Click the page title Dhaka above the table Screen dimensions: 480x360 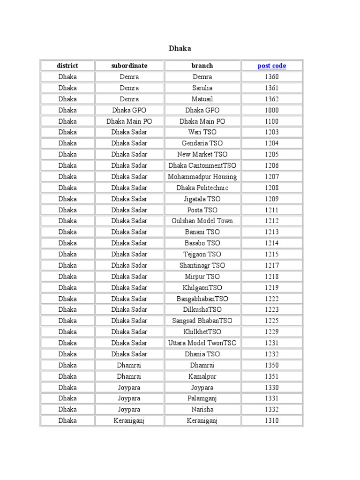(180, 49)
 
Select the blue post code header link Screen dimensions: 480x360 (271, 66)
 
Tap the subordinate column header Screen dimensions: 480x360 (129, 66)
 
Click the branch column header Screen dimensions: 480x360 (202, 66)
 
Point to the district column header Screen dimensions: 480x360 (67, 66)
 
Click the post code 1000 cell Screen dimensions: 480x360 (271, 110)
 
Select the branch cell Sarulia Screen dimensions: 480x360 (202, 88)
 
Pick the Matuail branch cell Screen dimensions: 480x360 (202, 99)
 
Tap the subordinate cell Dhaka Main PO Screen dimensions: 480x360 (129, 121)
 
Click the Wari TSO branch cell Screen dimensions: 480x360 (202, 132)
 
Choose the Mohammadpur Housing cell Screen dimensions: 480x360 (202, 177)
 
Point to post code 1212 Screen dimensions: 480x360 (271, 221)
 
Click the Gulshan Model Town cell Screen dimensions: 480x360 (202, 221)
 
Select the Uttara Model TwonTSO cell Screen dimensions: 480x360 (202, 343)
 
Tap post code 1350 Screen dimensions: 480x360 (271, 365)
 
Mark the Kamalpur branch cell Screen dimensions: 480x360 (202, 376)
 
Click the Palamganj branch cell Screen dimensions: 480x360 (202, 398)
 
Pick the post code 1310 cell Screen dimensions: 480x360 (271, 420)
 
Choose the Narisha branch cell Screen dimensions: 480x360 (202, 409)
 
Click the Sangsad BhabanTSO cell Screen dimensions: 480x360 (202, 321)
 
